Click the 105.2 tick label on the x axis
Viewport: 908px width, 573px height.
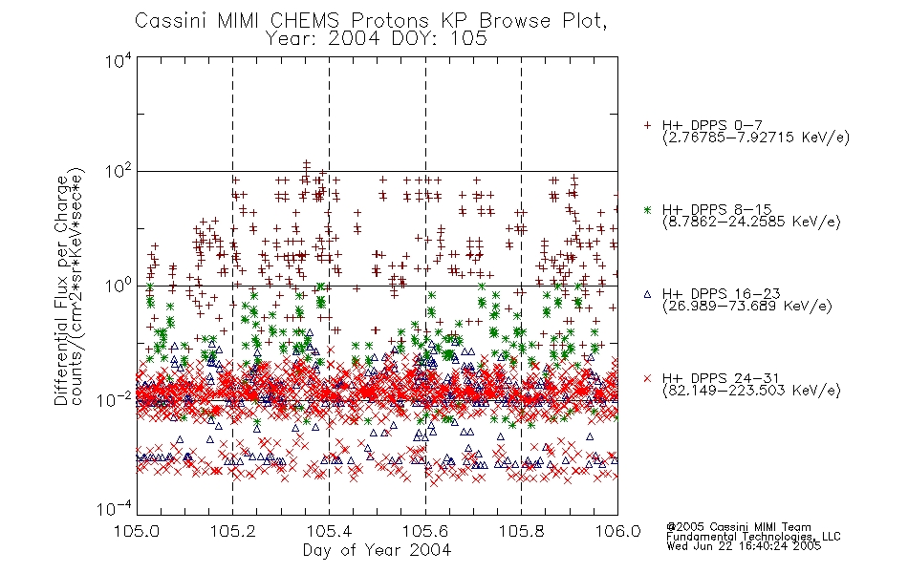(233, 531)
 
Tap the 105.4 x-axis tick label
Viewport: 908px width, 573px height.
(329, 531)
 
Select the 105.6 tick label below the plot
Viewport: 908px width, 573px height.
(425, 531)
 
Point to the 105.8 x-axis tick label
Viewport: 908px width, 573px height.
(521, 531)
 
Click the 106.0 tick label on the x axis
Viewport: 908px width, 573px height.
(617, 531)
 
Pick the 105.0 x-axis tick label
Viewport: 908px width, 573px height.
(137, 531)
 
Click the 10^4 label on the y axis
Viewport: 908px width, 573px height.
(119, 60)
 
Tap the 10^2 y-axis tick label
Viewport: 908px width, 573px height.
(119, 172)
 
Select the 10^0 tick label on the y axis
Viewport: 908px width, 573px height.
(119, 286)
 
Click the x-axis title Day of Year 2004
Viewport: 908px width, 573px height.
(377, 550)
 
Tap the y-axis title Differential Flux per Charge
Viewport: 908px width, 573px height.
(61, 287)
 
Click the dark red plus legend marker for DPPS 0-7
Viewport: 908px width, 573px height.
(647, 125)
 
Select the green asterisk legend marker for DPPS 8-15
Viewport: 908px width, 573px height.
(647, 209)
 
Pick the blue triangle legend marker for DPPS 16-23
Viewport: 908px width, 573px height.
(647, 294)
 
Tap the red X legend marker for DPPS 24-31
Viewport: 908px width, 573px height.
(647, 378)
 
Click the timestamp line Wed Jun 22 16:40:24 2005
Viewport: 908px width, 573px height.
(744, 546)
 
